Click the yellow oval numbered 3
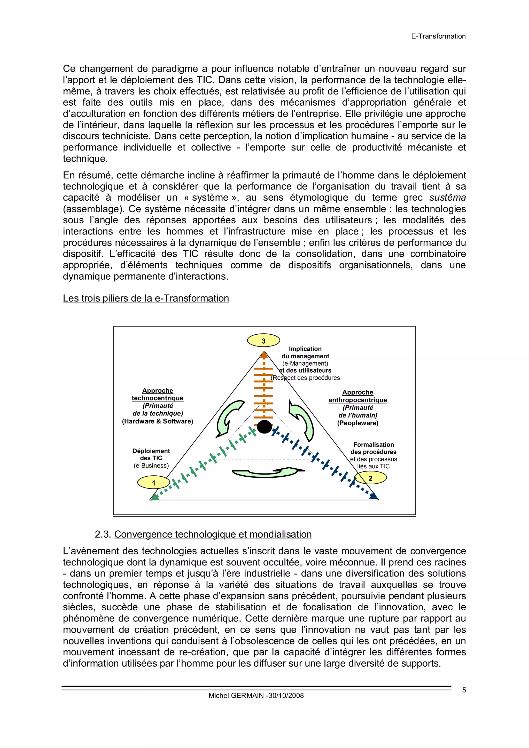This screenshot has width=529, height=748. coord(263,341)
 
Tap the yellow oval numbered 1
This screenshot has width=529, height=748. coord(153,483)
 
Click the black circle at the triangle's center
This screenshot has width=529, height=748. coord(264,427)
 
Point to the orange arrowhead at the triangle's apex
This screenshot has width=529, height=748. coord(264,355)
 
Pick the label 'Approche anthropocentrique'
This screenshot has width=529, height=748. coord(357,396)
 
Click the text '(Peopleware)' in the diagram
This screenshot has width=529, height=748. coord(357,423)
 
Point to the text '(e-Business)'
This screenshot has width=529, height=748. coord(151,466)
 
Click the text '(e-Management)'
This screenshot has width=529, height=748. coord(305,363)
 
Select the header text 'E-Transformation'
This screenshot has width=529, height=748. coord(438,36)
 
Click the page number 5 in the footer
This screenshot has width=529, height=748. coord(464,690)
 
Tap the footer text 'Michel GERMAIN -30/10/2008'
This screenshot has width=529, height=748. coord(256,696)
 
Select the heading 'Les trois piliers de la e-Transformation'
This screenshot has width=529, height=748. coord(146,298)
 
